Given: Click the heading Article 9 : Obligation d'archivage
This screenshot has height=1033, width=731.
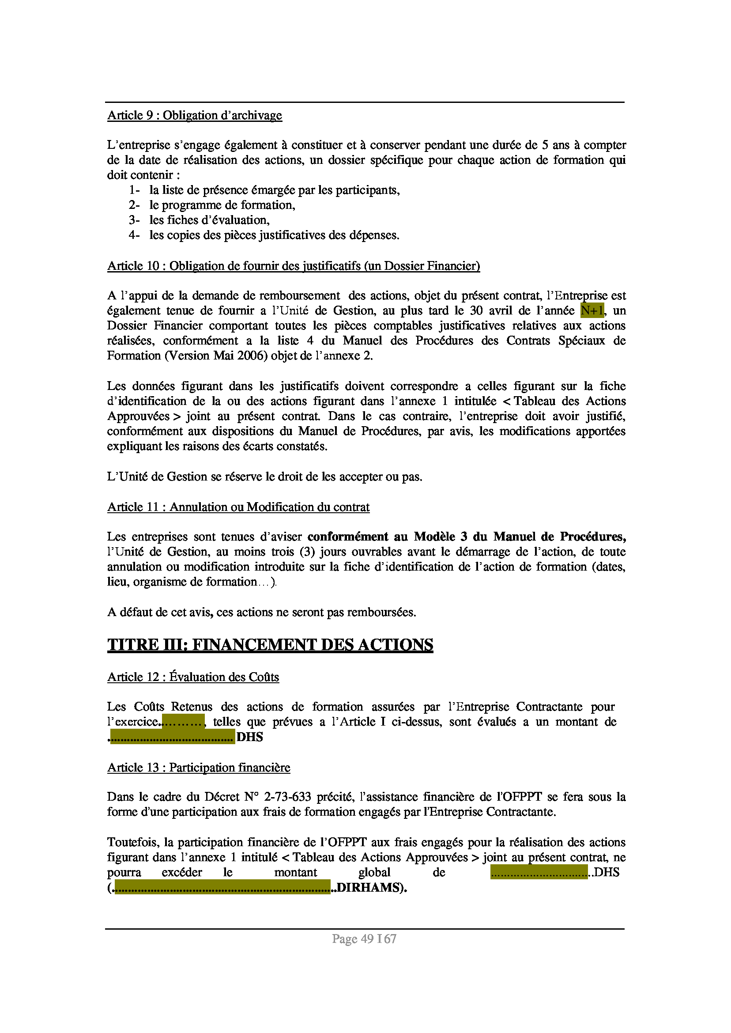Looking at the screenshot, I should tap(195, 116).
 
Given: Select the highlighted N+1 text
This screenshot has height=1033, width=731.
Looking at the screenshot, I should tap(592, 311).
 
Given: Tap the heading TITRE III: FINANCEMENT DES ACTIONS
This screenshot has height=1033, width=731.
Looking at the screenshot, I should tap(270, 645).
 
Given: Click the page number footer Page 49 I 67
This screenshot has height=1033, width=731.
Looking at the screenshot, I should tap(364, 939).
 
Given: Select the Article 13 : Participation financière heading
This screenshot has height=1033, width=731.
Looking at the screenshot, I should tap(199, 767).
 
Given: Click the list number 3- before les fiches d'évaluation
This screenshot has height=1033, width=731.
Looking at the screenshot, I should tap(134, 220).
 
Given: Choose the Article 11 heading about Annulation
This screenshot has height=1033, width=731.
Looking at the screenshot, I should tap(238, 507).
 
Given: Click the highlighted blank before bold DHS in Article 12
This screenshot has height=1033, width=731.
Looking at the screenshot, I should tap(173, 737).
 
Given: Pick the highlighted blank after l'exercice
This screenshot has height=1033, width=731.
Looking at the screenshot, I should tap(183, 722).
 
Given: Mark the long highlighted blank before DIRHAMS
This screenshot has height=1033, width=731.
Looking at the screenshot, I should tap(222, 888).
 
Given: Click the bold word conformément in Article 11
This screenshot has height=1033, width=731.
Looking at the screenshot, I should tap(347, 537).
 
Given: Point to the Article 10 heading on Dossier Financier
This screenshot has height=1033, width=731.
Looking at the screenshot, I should tap(294, 266).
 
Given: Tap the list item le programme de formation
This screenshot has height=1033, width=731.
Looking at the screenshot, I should tap(222, 205).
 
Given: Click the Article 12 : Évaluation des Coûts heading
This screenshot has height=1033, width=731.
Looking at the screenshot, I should tap(193, 677).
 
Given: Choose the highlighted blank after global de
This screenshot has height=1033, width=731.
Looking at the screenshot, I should tap(539, 873).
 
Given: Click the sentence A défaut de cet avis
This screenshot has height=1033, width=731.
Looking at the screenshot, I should tap(261, 613).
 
